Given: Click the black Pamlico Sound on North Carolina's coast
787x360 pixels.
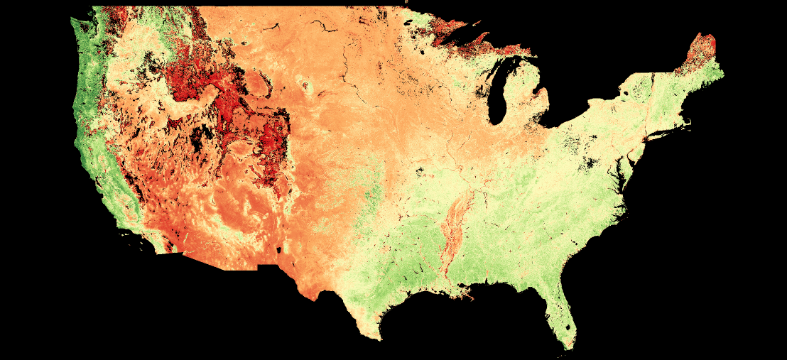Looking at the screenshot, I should (624, 203).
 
